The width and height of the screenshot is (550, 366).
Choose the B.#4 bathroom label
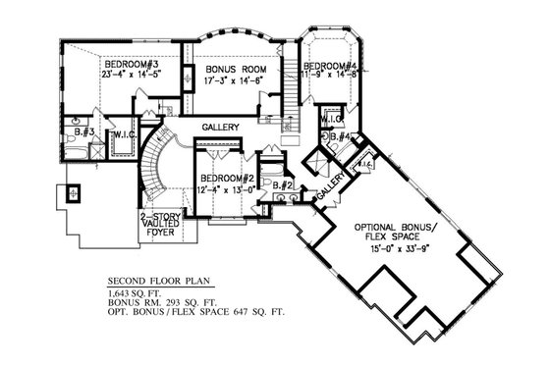(x=341, y=136)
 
